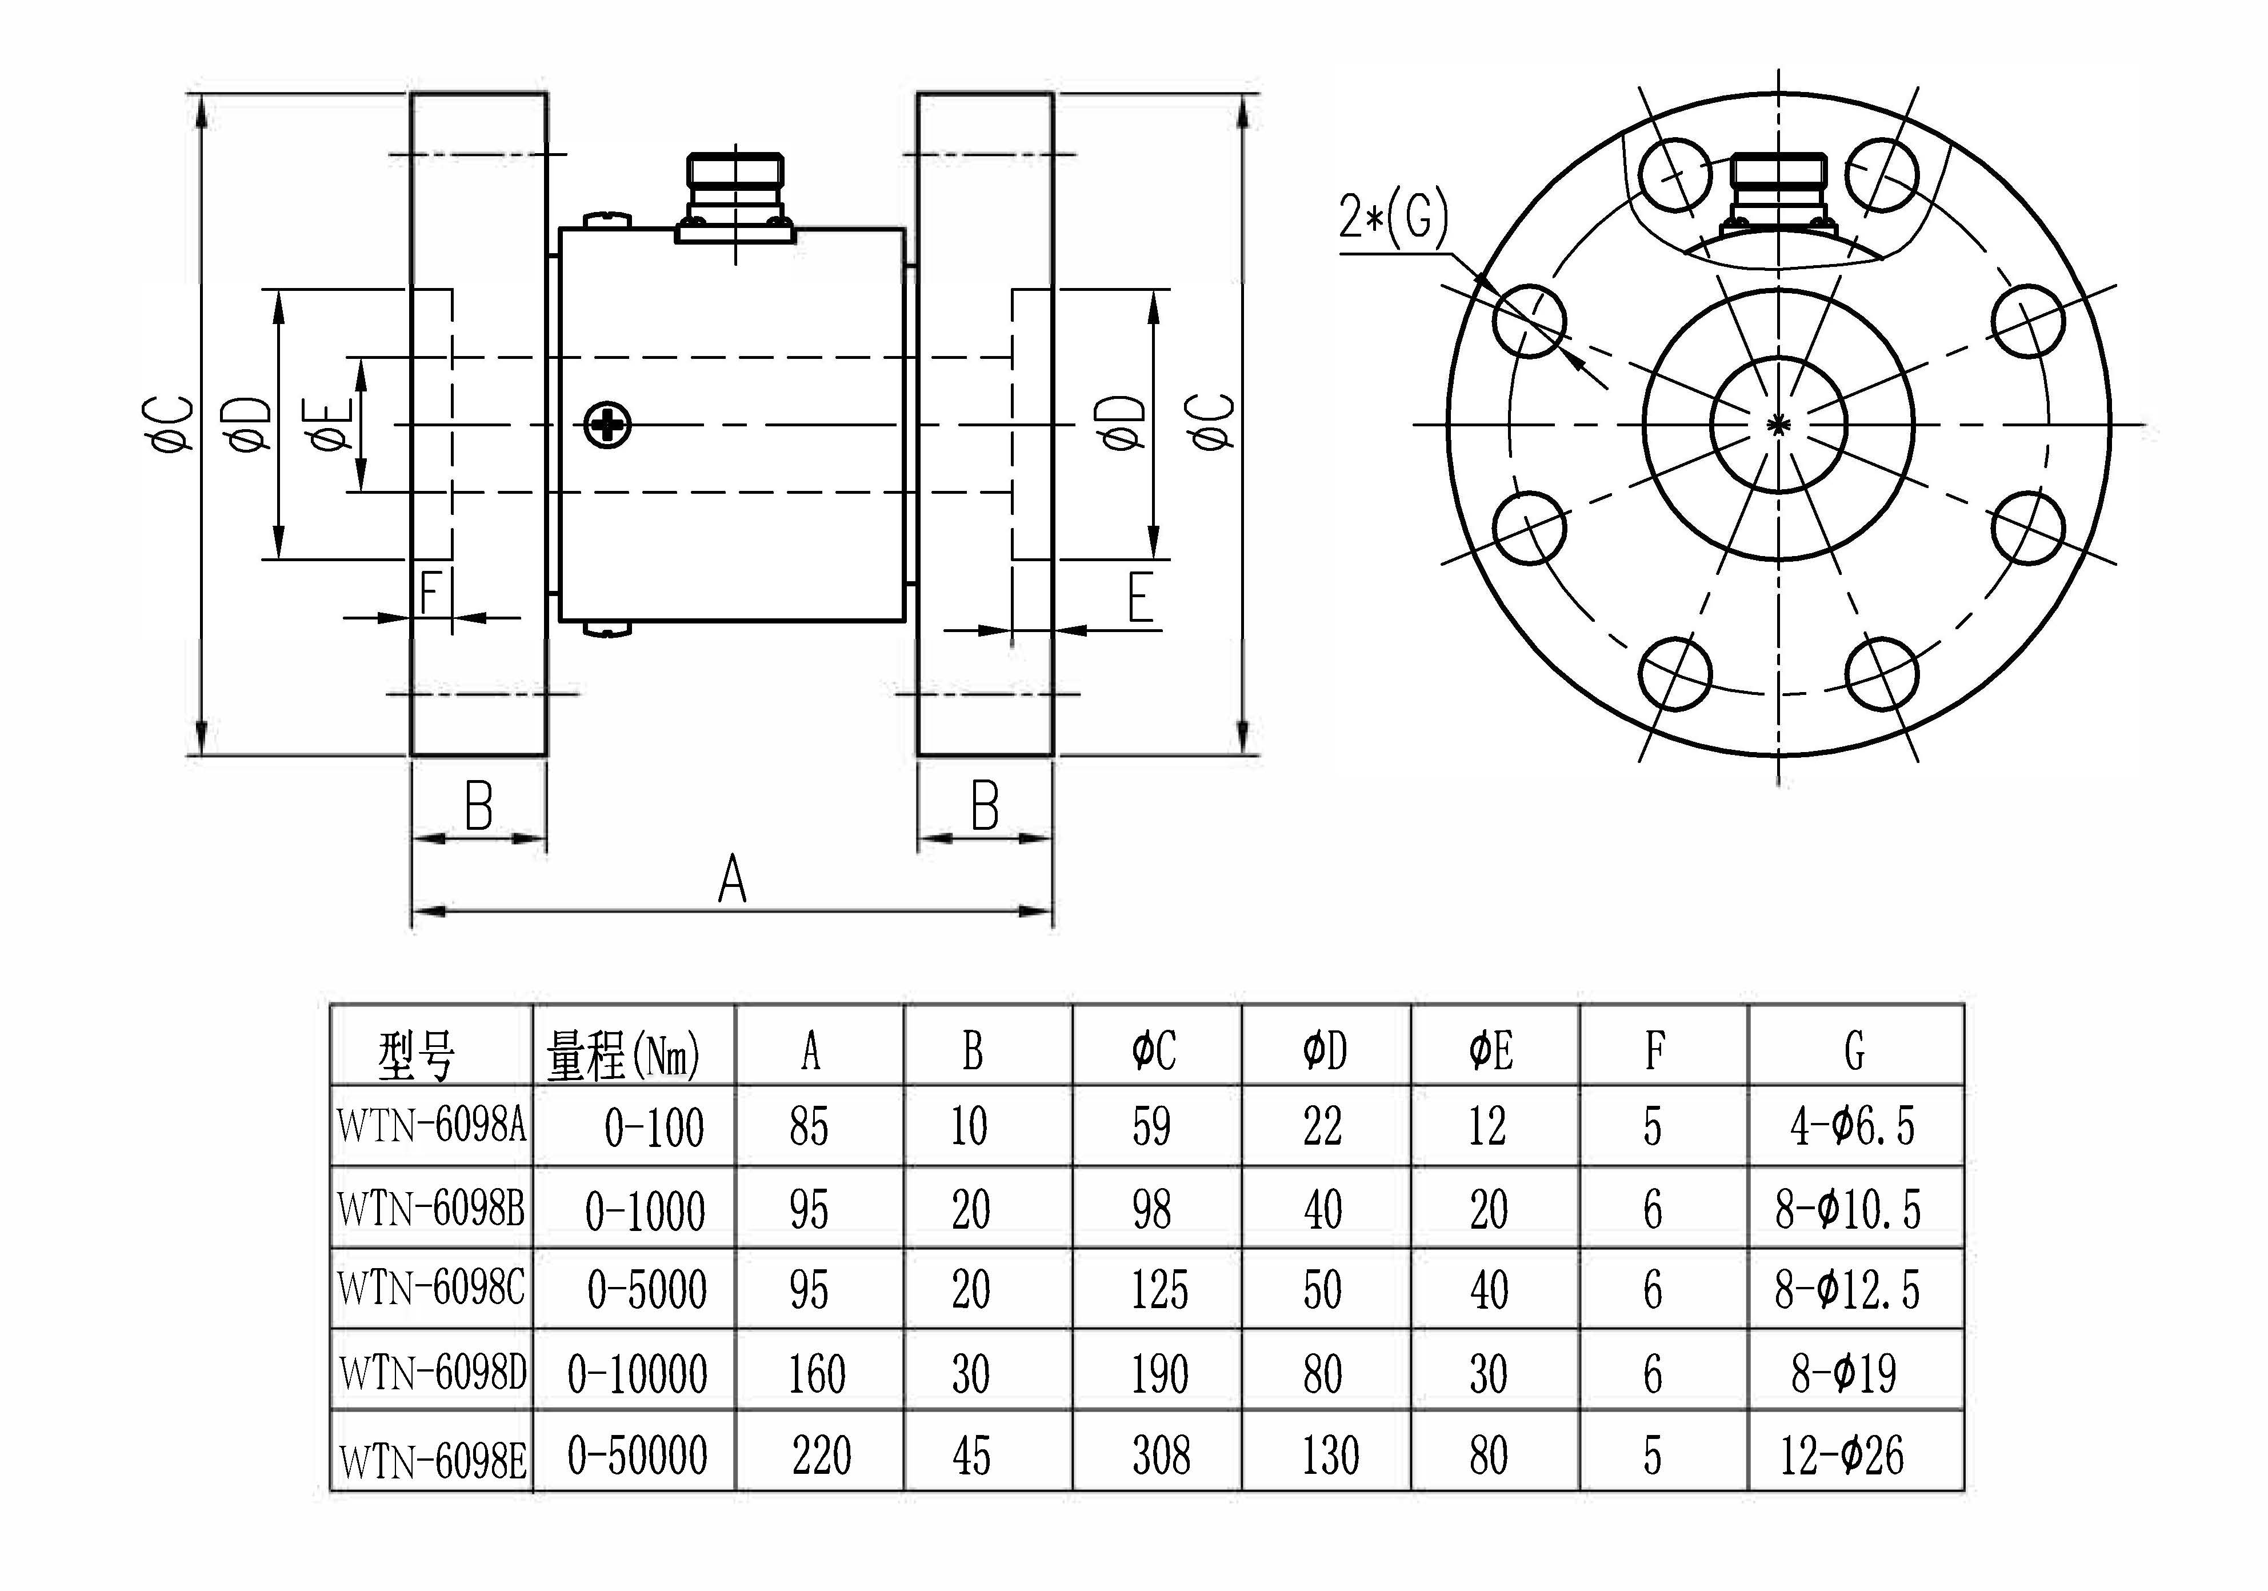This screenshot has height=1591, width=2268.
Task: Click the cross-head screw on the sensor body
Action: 606,426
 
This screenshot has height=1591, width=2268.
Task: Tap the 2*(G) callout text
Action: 1393,217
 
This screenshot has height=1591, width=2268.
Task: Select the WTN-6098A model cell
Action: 431,1126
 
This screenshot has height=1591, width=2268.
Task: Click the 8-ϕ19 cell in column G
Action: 1843,1373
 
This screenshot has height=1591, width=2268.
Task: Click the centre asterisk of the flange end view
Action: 1778,425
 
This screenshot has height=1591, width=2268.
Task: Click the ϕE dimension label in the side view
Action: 334,425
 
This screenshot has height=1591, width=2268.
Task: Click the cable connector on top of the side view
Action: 736,195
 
